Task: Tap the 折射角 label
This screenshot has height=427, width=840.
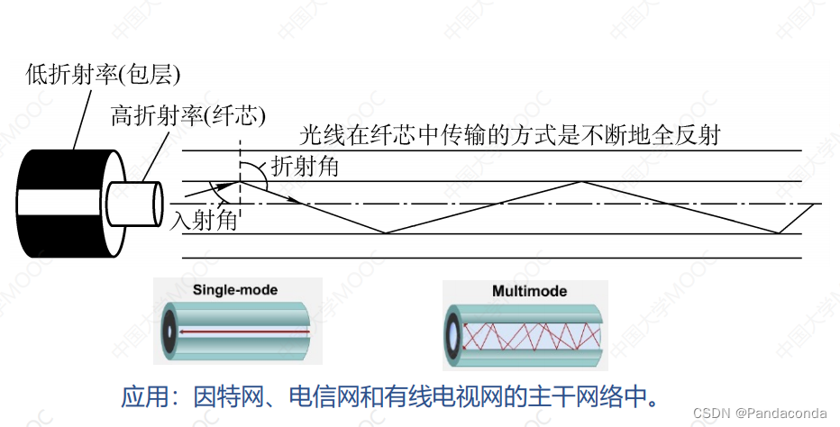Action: (305, 166)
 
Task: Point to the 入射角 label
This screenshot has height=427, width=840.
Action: (204, 220)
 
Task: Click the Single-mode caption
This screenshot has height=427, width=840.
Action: (235, 290)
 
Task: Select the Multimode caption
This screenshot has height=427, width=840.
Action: (529, 291)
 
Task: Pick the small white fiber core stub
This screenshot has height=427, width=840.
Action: (134, 203)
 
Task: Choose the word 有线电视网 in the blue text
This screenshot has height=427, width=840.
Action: (443, 396)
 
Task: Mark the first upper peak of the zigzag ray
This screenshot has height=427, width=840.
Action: (583, 181)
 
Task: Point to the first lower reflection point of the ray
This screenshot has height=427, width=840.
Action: (386, 233)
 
